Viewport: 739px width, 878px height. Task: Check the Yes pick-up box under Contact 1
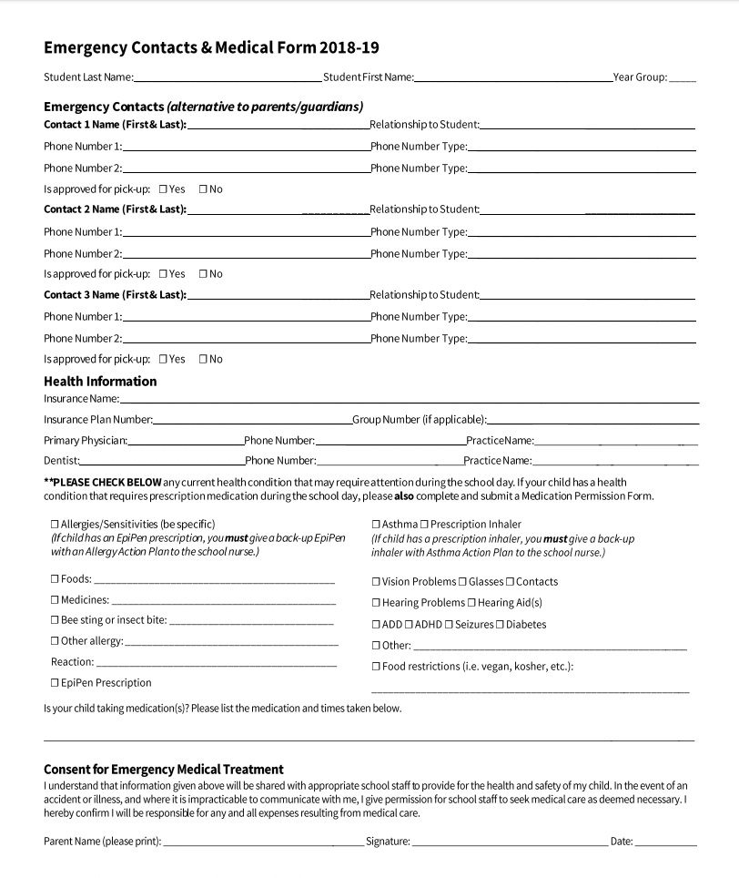click(x=163, y=189)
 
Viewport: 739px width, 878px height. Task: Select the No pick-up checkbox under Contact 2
click(x=203, y=274)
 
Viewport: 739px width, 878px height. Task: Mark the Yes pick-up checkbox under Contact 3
click(x=163, y=359)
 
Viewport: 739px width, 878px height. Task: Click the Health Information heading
click(x=100, y=381)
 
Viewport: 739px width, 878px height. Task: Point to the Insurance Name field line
click(x=409, y=400)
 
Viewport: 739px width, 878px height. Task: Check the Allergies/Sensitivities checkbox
click(x=56, y=525)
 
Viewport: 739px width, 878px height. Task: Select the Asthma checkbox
click(x=376, y=525)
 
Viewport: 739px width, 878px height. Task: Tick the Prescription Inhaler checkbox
click(x=424, y=525)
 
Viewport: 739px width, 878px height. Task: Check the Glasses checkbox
click(x=462, y=582)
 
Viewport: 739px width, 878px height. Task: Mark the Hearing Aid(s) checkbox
click(x=471, y=603)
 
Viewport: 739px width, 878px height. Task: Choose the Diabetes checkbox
click(x=500, y=625)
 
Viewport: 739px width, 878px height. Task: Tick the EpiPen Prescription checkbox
click(x=56, y=683)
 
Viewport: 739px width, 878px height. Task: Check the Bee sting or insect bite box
click(x=56, y=620)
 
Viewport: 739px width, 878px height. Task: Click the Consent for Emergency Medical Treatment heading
click(x=164, y=769)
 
